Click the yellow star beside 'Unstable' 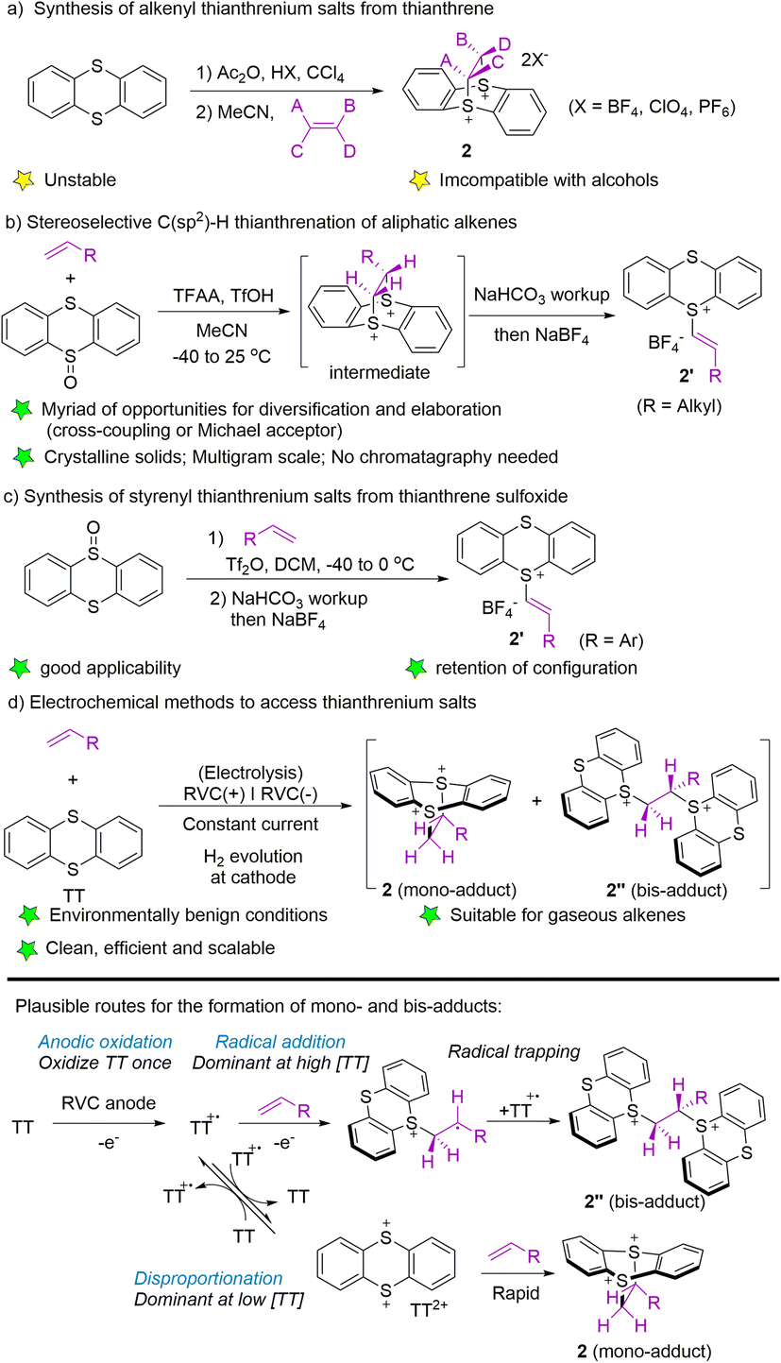pos(25,177)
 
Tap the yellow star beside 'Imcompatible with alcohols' pos(433,177)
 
